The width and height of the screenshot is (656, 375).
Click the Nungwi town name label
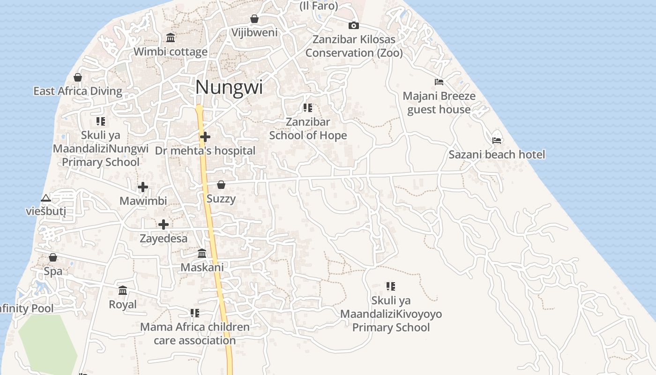point(229,88)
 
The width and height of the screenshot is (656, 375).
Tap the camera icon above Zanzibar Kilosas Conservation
point(354,25)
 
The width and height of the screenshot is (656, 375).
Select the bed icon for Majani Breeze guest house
point(439,82)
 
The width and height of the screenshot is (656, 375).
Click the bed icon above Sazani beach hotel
point(497,140)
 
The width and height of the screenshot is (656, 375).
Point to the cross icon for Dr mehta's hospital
point(205,137)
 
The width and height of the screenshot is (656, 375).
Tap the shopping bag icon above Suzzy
point(221,185)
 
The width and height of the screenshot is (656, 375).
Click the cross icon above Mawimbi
point(143,187)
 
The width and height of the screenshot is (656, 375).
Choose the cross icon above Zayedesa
point(164,225)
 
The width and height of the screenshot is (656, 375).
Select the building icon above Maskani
point(202,254)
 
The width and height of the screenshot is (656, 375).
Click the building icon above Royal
point(123,291)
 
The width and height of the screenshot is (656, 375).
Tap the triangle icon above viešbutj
point(45,198)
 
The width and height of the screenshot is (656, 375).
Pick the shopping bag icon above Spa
point(53,257)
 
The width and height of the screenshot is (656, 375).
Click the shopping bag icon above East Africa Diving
point(78,77)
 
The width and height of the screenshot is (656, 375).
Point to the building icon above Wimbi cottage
point(171,37)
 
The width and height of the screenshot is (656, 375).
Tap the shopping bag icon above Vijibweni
point(254,19)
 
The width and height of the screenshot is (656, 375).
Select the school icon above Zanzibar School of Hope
point(308,108)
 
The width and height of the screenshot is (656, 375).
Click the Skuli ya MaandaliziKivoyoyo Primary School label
point(391,314)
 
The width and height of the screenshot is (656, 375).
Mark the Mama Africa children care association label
point(195,333)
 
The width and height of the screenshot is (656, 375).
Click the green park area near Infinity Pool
point(47,342)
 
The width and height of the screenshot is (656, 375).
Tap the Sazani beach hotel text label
point(497,154)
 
